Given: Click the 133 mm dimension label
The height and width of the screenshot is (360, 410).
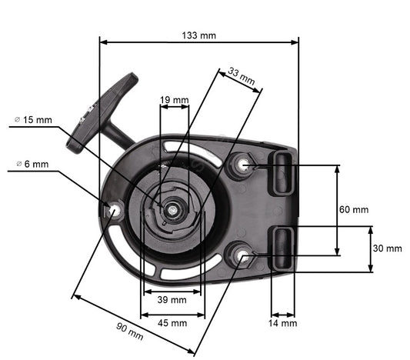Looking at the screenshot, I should click(198, 35).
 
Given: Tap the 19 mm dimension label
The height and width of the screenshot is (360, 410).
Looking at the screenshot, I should click(174, 100).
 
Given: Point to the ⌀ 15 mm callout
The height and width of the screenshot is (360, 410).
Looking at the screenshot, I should click(34, 120).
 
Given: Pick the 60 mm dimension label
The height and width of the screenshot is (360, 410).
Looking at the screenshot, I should click(354, 209).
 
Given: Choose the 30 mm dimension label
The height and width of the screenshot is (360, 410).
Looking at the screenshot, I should click(387, 248).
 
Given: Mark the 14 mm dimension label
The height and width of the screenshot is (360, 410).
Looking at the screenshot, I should click(283, 323).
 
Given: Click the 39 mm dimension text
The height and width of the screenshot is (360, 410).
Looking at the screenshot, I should click(172, 299).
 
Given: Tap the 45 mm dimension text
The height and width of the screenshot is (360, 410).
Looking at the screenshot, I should click(172, 323).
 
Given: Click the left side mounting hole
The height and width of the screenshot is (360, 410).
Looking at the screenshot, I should click(115, 208).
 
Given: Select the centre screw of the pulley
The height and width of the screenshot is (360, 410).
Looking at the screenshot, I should click(175, 208).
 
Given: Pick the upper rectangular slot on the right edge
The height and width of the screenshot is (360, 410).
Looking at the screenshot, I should click(282, 172).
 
